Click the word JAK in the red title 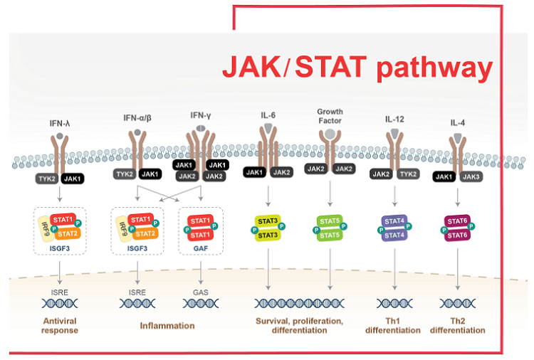[251, 67]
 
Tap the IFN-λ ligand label [60, 123]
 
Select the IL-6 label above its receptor [268, 115]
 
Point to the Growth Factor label [330, 116]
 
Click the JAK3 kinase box [471, 176]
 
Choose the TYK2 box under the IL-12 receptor [408, 174]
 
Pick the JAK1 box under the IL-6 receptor [254, 172]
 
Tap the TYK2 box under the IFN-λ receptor [47, 179]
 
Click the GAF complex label [201, 248]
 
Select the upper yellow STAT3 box [268, 221]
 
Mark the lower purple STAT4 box [394, 235]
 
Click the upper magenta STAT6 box [457, 221]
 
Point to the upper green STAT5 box [330, 221]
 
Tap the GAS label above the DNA [201, 292]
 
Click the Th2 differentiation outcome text [457, 326]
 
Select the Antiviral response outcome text [60, 326]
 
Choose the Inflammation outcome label [167, 326]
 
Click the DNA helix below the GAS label [201, 303]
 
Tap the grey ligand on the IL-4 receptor [457, 138]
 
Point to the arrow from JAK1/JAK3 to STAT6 [457, 197]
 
